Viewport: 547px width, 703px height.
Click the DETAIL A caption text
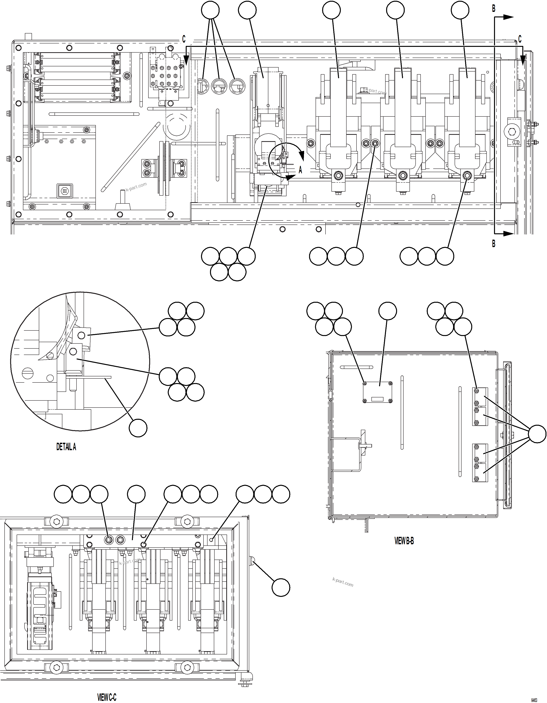coord(66,447)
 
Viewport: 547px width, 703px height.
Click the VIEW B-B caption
coord(404,541)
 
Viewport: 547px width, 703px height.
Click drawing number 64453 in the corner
coord(534,700)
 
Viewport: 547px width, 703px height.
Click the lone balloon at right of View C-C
coord(281,587)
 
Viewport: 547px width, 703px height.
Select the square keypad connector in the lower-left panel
coord(65,190)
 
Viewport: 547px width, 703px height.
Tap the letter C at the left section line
coord(184,39)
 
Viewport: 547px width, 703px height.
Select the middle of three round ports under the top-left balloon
coord(219,86)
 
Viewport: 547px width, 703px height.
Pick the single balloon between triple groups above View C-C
coord(136,494)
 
